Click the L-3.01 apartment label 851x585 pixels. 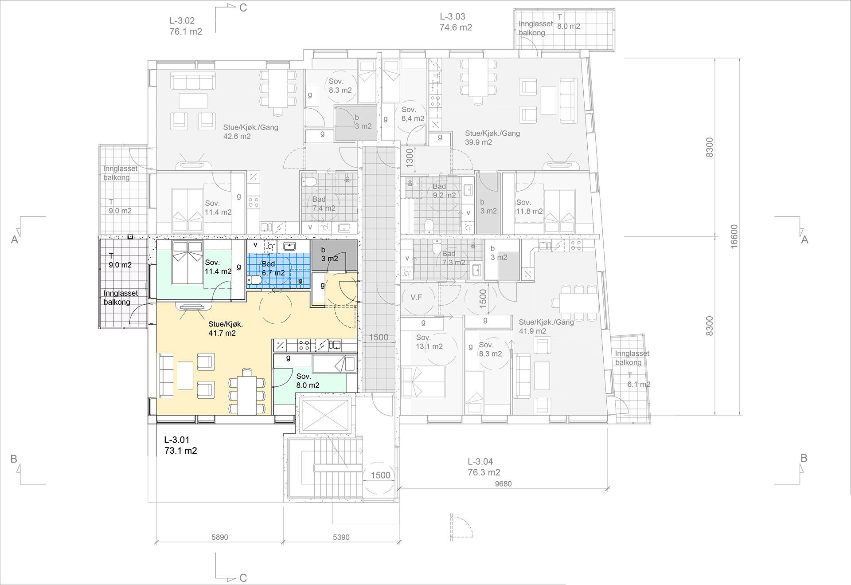[x=180, y=445]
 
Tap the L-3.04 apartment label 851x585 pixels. [x=484, y=467]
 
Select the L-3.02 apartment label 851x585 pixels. [x=186, y=26]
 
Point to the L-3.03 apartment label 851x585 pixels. [x=456, y=22]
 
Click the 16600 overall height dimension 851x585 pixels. [x=734, y=236]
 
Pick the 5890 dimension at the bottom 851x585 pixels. [x=219, y=537]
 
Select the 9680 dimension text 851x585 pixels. [x=503, y=484]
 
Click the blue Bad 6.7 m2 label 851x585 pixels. [x=273, y=268]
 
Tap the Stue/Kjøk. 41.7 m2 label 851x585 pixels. [x=225, y=329]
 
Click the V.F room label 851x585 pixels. [x=416, y=297]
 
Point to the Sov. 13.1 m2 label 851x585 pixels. [x=429, y=342]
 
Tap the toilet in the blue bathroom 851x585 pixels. [x=254, y=280]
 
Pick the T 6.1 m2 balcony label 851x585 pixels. [x=639, y=380]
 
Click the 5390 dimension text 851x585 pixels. [x=341, y=537]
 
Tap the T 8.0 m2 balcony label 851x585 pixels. [x=569, y=22]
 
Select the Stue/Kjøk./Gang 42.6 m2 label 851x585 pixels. [x=251, y=132]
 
